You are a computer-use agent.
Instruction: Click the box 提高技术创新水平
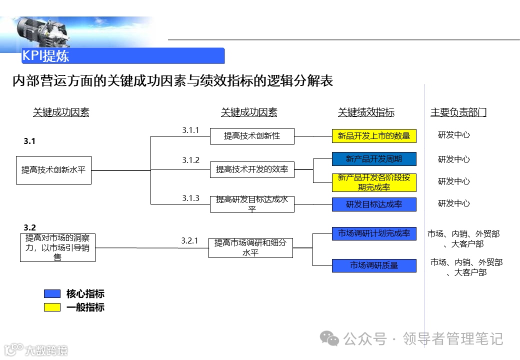(53, 170)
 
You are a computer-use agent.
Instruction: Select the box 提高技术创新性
(252, 136)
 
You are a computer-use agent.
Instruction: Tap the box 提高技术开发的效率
(252, 169)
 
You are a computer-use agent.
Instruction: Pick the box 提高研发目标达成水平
(252, 204)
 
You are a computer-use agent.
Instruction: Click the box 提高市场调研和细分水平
(250, 247)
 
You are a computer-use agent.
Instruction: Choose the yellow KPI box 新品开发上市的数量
(374, 135)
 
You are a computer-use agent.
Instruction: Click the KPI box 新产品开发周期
(374, 159)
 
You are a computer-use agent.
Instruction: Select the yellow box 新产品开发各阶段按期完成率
(374, 182)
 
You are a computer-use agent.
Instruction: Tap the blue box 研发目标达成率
(374, 204)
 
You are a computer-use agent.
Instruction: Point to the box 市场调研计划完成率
(374, 233)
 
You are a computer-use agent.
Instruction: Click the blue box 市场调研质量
(374, 265)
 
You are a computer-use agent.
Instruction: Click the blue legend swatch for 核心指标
(52, 293)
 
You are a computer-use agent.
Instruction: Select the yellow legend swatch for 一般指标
(52, 307)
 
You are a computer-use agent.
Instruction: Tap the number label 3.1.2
(190, 160)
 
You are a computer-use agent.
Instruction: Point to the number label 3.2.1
(189, 241)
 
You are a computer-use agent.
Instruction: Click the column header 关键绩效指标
(366, 112)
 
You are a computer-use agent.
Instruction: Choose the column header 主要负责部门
(458, 112)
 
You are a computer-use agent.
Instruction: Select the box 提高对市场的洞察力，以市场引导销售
(57, 247)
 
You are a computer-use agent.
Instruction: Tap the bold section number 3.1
(29, 141)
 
